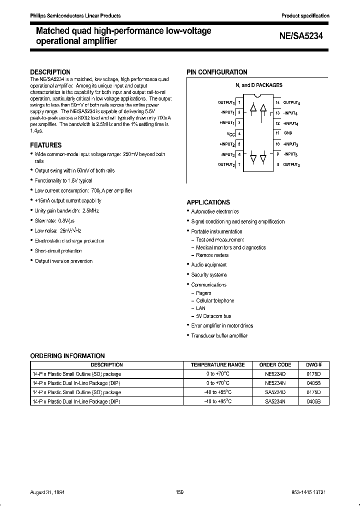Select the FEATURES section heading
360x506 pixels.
tap(46, 145)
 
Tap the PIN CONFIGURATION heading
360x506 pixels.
tap(217, 72)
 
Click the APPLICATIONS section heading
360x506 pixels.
tap(208, 202)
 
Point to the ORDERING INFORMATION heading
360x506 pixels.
tap(67, 356)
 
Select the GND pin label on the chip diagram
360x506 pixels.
tap(288, 133)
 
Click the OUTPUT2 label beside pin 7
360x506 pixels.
tap(226, 164)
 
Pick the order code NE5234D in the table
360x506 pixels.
tap(275, 373)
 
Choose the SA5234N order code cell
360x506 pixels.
tap(275, 401)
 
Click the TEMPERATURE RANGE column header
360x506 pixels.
tap(217, 364)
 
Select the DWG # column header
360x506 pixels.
tap(313, 364)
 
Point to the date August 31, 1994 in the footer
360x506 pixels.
tap(48, 492)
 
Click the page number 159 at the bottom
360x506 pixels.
tap(179, 492)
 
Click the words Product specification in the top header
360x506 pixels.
tap(305, 16)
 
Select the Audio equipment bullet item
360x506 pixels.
tap(208, 265)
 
